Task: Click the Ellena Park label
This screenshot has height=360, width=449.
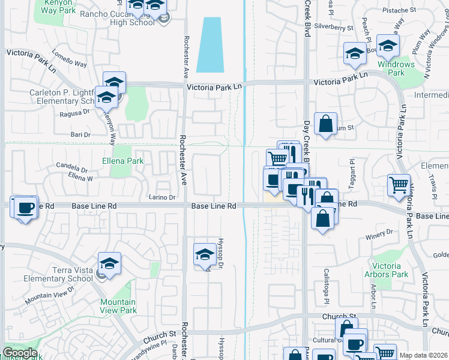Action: (x=122, y=161)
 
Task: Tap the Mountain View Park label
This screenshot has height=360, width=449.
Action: (x=118, y=306)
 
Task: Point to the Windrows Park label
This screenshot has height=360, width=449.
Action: (x=396, y=68)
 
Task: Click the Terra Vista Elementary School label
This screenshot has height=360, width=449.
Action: (x=58, y=275)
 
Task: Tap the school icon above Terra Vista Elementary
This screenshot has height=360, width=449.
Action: (x=110, y=263)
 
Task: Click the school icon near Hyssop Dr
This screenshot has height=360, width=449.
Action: (x=205, y=254)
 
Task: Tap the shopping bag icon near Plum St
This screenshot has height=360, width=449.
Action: (x=325, y=124)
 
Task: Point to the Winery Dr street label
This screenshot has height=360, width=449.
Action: (x=378, y=232)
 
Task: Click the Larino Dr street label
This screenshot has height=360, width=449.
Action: (x=161, y=197)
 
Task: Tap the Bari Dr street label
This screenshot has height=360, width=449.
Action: (x=80, y=134)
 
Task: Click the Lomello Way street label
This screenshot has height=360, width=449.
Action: (x=70, y=61)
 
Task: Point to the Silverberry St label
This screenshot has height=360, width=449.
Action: (x=334, y=27)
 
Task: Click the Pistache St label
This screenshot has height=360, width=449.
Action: (x=399, y=10)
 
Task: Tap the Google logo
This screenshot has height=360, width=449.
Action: (x=20, y=353)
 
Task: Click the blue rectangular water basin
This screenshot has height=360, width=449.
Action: (x=212, y=44)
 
